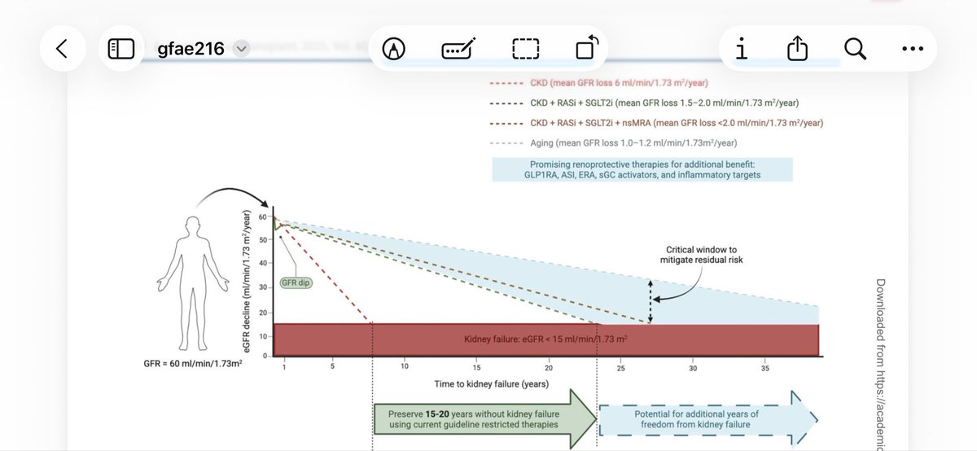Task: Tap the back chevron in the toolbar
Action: (62, 50)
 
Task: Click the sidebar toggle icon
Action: (121, 50)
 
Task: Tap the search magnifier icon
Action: (854, 50)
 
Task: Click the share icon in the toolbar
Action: (797, 50)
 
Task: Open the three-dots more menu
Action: (913, 50)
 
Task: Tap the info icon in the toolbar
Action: (741, 50)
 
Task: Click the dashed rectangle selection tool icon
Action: (526, 50)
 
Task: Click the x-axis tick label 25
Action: (621, 367)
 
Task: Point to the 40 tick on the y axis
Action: (262, 263)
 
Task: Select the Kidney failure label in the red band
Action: (544, 338)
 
